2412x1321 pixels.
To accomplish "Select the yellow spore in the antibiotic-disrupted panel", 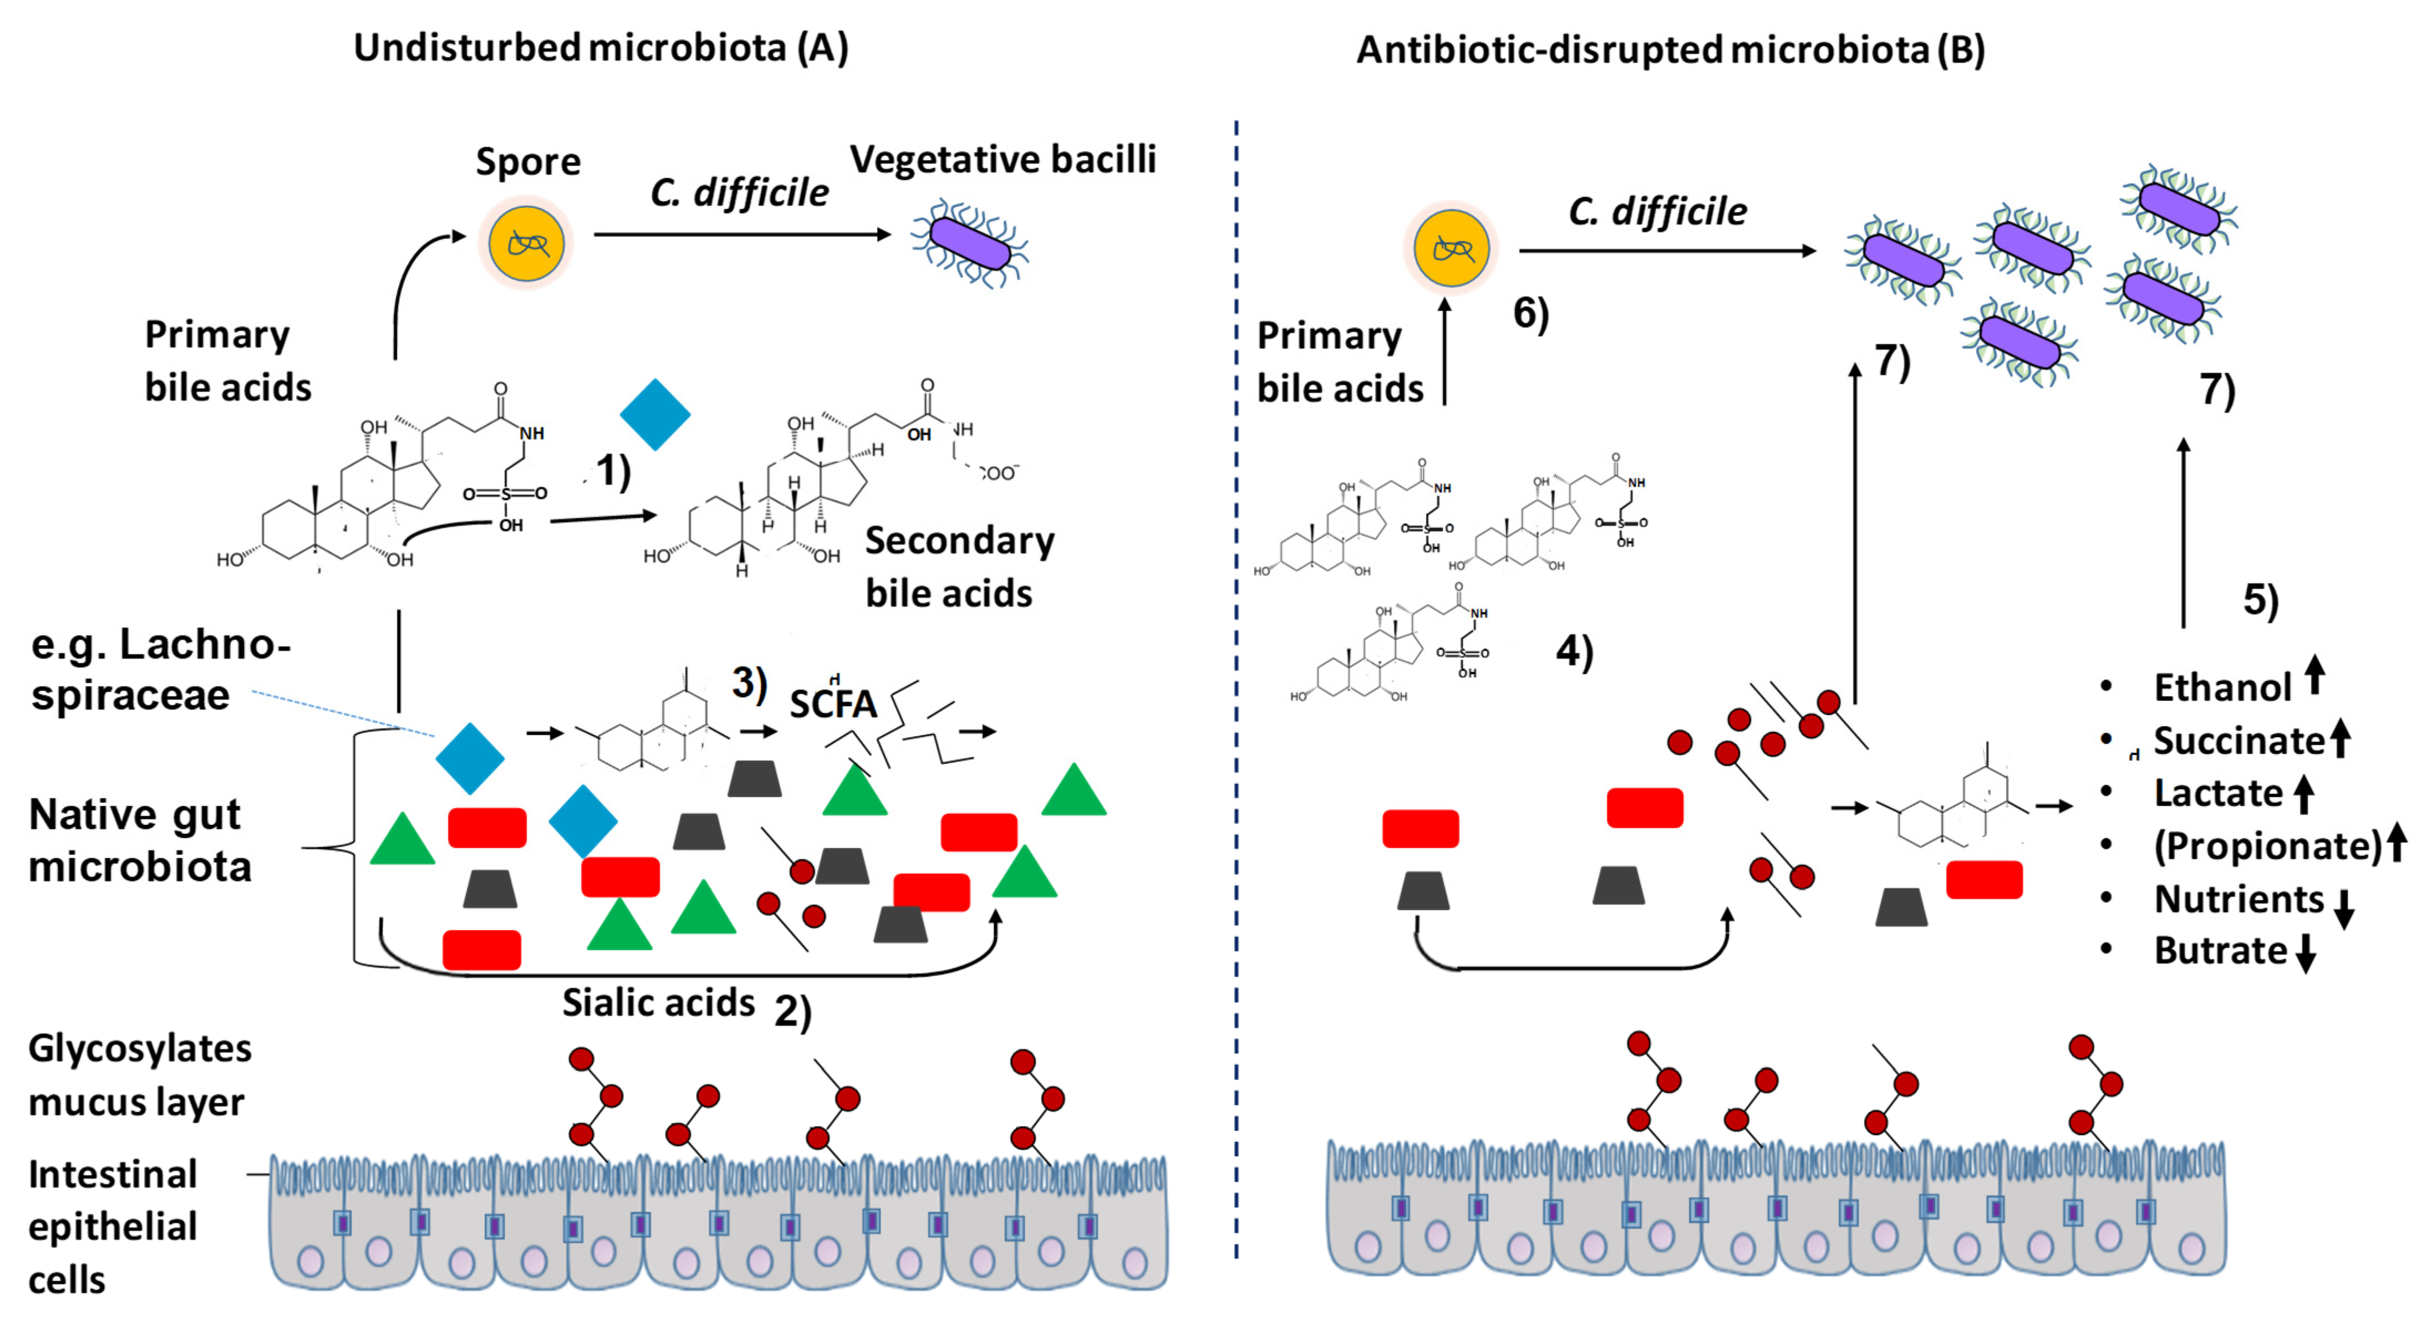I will click(x=1451, y=248).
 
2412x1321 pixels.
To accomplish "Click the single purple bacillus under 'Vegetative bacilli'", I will click(x=969, y=243).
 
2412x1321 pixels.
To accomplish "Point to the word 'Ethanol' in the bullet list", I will click(x=2221, y=687).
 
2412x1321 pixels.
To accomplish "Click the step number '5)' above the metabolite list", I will click(x=2260, y=599).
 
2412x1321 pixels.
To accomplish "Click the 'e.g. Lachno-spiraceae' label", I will click(x=159, y=670).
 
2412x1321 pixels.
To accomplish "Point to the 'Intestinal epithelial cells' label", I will click(x=113, y=1226).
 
